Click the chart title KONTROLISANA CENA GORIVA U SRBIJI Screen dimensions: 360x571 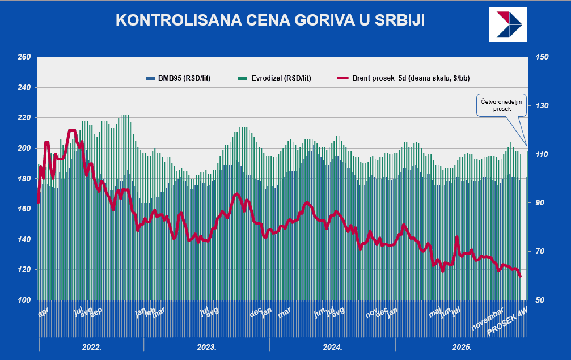[x=270, y=20]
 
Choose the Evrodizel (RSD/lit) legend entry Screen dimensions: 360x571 [x=278, y=78]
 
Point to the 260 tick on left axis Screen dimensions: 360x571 [x=24, y=57]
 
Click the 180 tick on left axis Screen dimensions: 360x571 [x=24, y=179]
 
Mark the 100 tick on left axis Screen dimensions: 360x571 [x=24, y=300]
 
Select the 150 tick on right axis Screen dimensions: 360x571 [x=542, y=57]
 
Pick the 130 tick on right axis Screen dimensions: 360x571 [x=542, y=106]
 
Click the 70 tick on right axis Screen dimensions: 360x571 [x=540, y=251]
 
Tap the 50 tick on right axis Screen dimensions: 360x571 [x=540, y=300]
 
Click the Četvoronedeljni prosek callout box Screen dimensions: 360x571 [x=501, y=105]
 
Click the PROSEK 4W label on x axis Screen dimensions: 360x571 [x=508, y=324]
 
